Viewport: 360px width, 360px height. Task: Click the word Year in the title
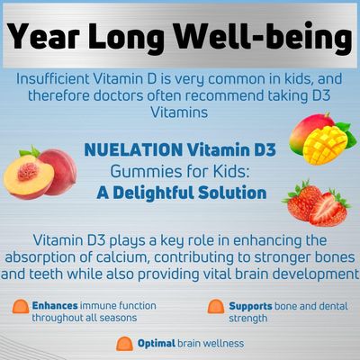[x=43, y=36]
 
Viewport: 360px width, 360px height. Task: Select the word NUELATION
[x=133, y=149]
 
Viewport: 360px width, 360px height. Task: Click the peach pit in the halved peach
[x=28, y=172]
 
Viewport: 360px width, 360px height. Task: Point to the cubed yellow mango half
[x=325, y=146]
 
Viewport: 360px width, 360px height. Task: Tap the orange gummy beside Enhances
[x=21, y=307]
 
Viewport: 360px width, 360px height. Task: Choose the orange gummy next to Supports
[x=216, y=307]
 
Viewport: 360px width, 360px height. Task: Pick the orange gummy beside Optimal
[x=124, y=344]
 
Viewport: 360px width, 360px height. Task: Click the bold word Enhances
[x=55, y=306]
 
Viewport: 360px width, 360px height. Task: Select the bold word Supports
[x=250, y=306]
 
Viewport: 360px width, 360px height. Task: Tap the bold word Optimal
[x=157, y=344]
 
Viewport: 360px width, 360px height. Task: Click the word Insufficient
[x=53, y=79]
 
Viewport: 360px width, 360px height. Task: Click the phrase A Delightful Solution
[x=182, y=193]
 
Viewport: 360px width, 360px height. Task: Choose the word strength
[x=247, y=319]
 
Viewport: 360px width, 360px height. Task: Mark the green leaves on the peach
[x=30, y=151]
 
